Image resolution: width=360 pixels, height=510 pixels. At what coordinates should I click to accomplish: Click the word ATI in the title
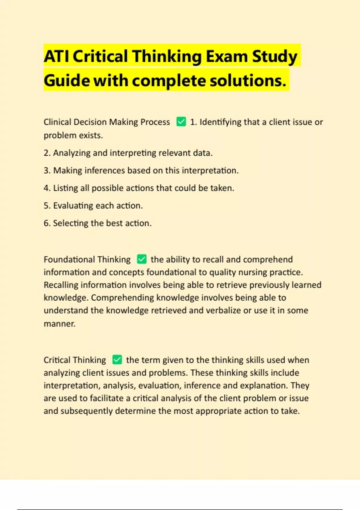[56, 56]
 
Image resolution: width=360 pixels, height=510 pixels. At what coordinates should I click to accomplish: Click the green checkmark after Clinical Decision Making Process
[181, 122]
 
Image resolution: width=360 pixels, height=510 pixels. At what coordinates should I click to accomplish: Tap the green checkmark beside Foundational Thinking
[142, 259]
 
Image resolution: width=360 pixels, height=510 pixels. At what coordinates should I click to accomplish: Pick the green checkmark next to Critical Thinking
[117, 360]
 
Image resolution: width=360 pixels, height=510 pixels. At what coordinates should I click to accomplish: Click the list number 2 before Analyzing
[47, 153]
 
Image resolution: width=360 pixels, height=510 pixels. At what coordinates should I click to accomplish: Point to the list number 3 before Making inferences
[47, 170]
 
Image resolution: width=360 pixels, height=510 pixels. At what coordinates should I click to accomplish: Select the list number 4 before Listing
[47, 188]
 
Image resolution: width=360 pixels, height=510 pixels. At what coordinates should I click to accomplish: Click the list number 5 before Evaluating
[47, 206]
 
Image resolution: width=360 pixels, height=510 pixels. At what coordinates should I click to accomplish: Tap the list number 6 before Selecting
[47, 223]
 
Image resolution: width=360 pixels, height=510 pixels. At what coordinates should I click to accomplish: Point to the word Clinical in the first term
[57, 122]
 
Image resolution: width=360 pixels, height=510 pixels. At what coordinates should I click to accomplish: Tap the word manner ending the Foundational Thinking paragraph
[59, 324]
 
